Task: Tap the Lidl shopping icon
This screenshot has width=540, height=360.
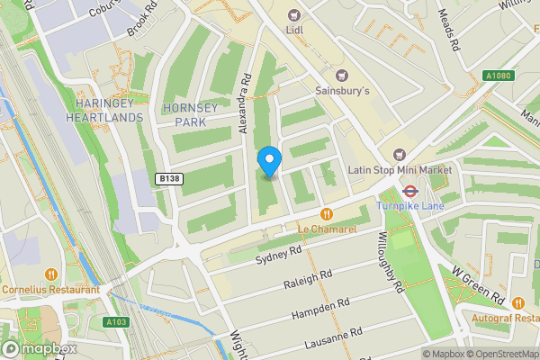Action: coord(293,14)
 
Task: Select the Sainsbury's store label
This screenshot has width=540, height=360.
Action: coord(343,90)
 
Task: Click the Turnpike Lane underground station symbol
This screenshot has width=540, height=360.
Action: coord(408,190)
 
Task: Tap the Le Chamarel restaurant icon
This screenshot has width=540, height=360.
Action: coord(327,214)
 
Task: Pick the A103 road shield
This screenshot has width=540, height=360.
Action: coord(116,321)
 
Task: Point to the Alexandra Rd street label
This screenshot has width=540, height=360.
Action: coord(243,103)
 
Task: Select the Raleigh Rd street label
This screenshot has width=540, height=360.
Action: coord(308,280)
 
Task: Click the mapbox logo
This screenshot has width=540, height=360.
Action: coord(38,348)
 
